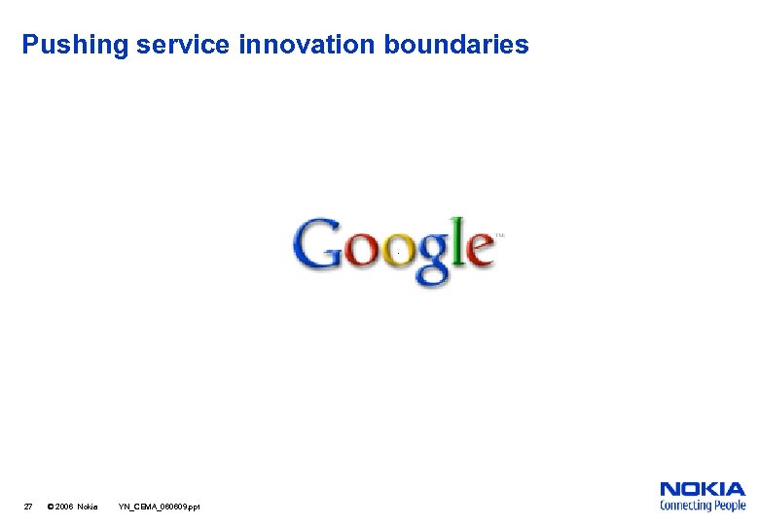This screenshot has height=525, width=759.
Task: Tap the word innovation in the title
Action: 309,45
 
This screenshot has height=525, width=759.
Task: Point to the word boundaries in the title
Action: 456,45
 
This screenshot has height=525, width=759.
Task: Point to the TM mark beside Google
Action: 500,235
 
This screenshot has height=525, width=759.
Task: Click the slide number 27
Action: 28,507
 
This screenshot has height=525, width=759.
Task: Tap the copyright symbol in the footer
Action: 51,507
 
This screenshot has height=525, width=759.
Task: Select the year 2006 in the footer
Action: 64,507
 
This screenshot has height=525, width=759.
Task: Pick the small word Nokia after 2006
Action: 88,507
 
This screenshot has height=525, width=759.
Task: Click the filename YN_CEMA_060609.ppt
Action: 159,507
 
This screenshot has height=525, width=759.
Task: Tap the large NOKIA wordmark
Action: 703,489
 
